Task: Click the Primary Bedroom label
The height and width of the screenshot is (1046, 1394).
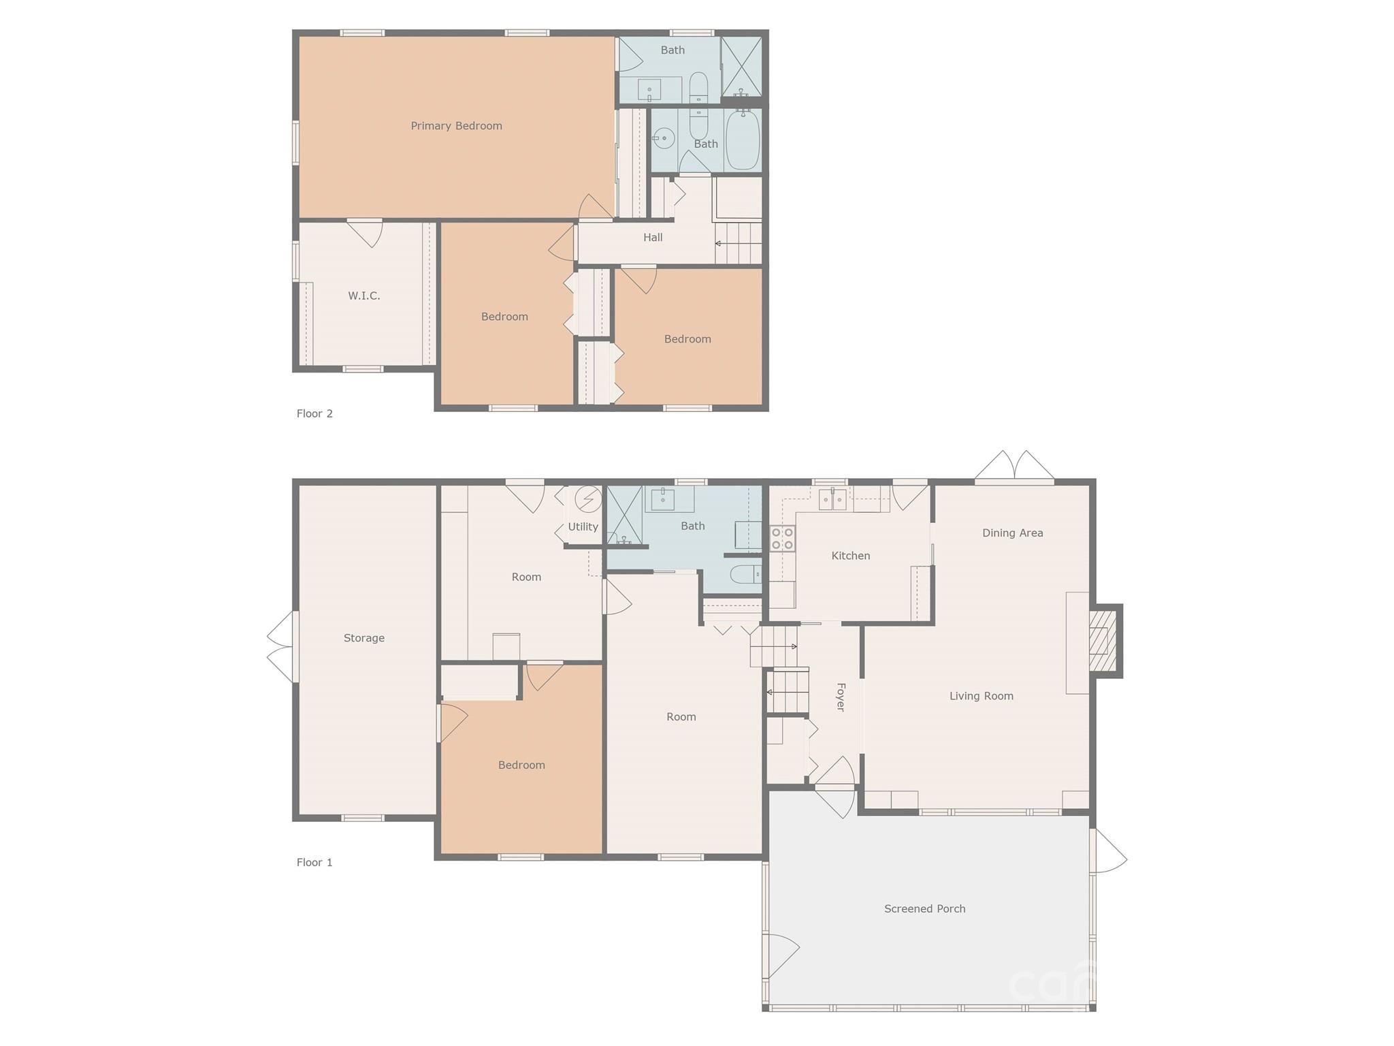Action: (x=456, y=126)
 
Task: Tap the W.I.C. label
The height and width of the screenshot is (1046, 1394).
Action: (x=364, y=296)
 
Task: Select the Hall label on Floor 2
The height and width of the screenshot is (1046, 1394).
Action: (x=653, y=238)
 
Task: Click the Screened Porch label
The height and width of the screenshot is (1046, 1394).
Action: (x=924, y=908)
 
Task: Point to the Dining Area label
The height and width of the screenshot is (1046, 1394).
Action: (x=1012, y=533)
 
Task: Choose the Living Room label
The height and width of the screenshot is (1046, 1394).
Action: (x=981, y=696)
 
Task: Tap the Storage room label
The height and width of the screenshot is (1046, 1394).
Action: (x=364, y=638)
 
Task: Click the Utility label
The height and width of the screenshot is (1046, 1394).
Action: (x=583, y=526)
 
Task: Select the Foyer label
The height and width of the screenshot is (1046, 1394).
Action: (x=841, y=697)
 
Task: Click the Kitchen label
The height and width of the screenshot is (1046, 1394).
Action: (x=851, y=556)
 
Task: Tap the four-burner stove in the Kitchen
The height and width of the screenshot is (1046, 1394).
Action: (x=782, y=538)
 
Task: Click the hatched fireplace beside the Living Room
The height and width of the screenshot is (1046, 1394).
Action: (x=1104, y=641)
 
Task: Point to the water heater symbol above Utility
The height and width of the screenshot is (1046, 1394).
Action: (x=588, y=499)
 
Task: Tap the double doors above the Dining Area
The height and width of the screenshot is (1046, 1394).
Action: (x=1014, y=466)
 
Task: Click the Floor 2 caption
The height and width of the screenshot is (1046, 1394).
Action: (x=314, y=413)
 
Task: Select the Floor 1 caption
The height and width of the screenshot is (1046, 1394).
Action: (x=314, y=862)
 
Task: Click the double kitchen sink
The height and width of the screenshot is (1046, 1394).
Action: (x=832, y=501)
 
